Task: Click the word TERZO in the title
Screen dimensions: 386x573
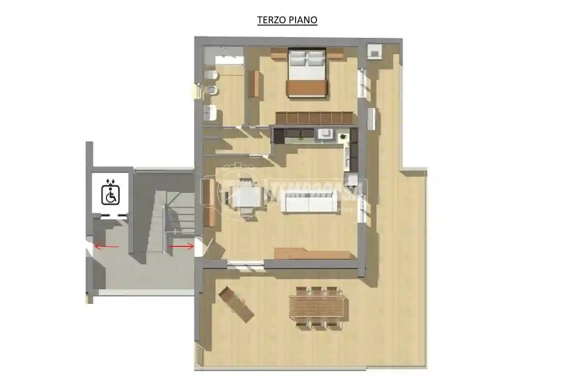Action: pyautogui.click(x=271, y=20)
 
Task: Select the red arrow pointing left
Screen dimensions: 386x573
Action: pyautogui.click(x=106, y=247)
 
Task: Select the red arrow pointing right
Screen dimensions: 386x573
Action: pyautogui.click(x=181, y=246)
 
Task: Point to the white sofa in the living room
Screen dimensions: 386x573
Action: pyautogui.click(x=310, y=201)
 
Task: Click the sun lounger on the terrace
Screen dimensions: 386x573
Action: pyautogui.click(x=236, y=304)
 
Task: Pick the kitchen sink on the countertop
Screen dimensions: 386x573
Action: pyautogui.click(x=325, y=134)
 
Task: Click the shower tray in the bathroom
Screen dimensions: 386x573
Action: pyautogui.click(x=224, y=57)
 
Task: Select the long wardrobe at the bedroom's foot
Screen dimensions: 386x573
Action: pyautogui.click(x=314, y=118)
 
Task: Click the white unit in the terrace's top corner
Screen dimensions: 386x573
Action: pyautogui.click(x=375, y=51)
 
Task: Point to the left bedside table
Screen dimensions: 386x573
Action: pyautogui.click(x=278, y=53)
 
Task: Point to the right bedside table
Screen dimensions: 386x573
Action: pyautogui.click(x=335, y=53)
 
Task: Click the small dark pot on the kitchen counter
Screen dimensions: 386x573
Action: pyautogui.click(x=343, y=136)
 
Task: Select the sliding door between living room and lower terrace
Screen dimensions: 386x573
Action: pyautogui.click(x=246, y=264)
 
